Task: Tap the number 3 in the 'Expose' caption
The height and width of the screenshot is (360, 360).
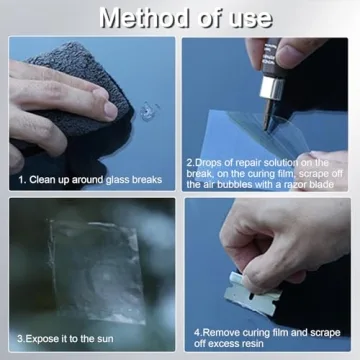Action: [19, 338]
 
